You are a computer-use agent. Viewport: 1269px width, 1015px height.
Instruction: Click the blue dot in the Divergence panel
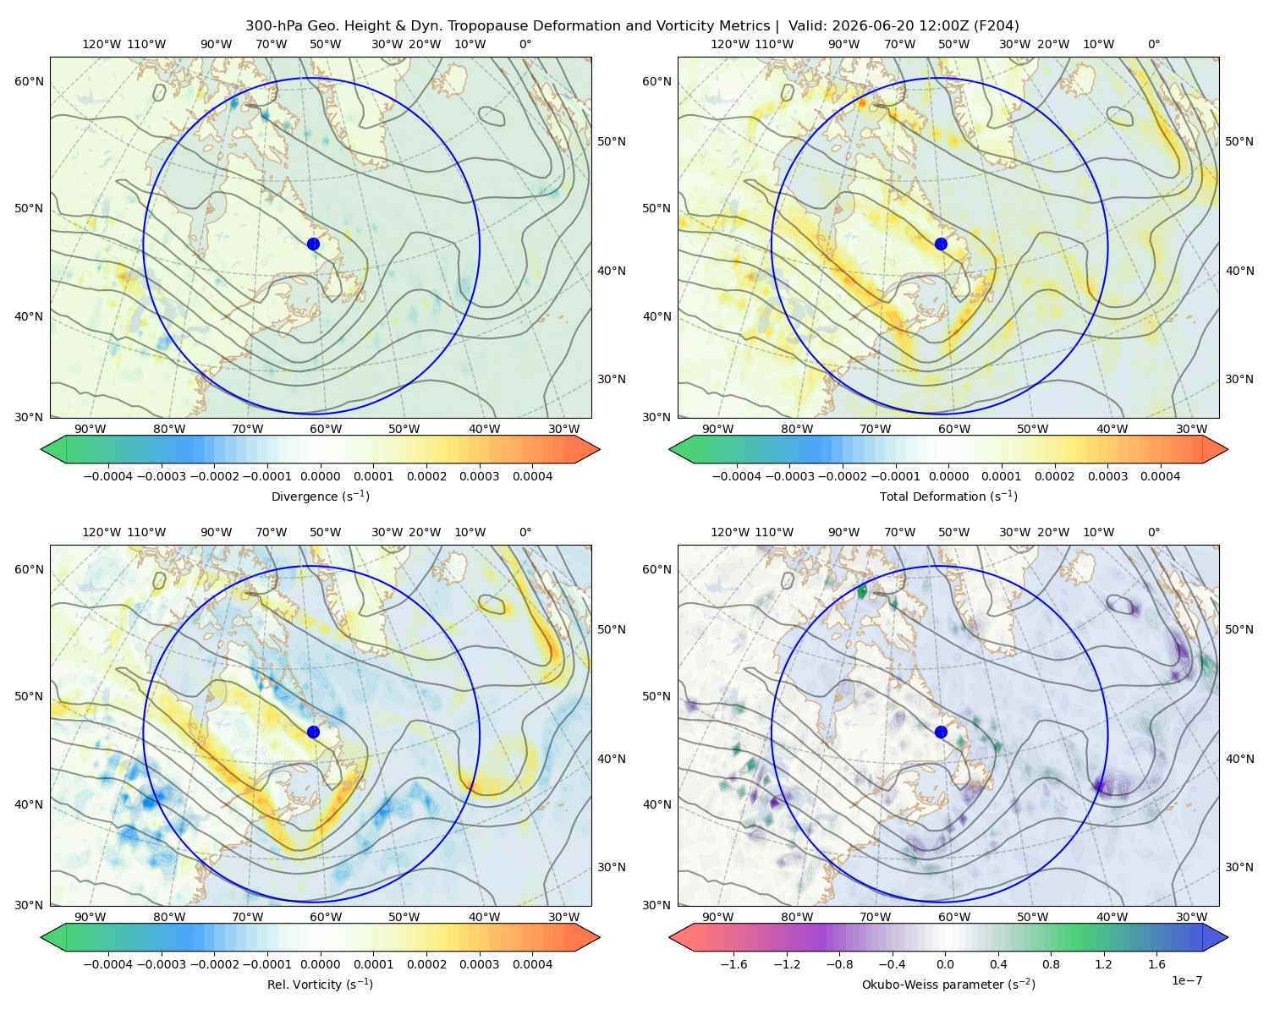pyautogui.click(x=313, y=244)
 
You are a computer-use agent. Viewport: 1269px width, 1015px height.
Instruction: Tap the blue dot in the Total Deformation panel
pyautogui.click(x=941, y=244)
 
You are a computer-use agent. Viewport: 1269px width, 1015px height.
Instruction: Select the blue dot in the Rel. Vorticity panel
pyautogui.click(x=313, y=732)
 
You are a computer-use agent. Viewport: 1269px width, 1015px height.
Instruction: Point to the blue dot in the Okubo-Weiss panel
pyautogui.click(x=941, y=732)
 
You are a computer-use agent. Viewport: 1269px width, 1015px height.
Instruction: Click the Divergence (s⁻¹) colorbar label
pyautogui.click(x=320, y=497)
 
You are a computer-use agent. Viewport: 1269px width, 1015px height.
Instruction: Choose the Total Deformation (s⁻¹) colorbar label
pyautogui.click(x=948, y=497)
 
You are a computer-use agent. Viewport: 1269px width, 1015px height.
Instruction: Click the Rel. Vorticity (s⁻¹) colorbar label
pyautogui.click(x=320, y=985)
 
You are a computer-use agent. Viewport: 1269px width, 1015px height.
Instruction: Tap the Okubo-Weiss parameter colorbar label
pyautogui.click(x=948, y=985)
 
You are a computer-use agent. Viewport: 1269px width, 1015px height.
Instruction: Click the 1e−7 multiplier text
pyautogui.click(x=1186, y=980)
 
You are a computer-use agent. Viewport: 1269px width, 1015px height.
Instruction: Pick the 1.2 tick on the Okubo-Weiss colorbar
pyautogui.click(x=1103, y=964)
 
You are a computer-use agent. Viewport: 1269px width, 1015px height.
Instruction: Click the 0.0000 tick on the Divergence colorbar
pyautogui.click(x=320, y=476)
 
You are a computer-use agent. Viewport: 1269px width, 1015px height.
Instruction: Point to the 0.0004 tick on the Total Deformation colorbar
pyautogui.click(x=1161, y=476)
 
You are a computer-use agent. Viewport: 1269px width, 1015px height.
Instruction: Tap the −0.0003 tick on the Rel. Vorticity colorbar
pyautogui.click(x=161, y=964)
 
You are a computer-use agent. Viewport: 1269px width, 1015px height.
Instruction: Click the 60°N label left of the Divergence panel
pyautogui.click(x=29, y=81)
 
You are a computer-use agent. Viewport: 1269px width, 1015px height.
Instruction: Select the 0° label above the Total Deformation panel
pyautogui.click(x=1153, y=44)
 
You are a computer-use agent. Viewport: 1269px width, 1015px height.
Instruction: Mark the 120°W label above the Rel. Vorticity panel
pyautogui.click(x=102, y=532)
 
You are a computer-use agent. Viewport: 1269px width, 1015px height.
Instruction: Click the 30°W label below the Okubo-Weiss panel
pyautogui.click(x=1191, y=917)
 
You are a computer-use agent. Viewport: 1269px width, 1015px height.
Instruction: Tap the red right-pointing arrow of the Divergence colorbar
pyautogui.click(x=587, y=449)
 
